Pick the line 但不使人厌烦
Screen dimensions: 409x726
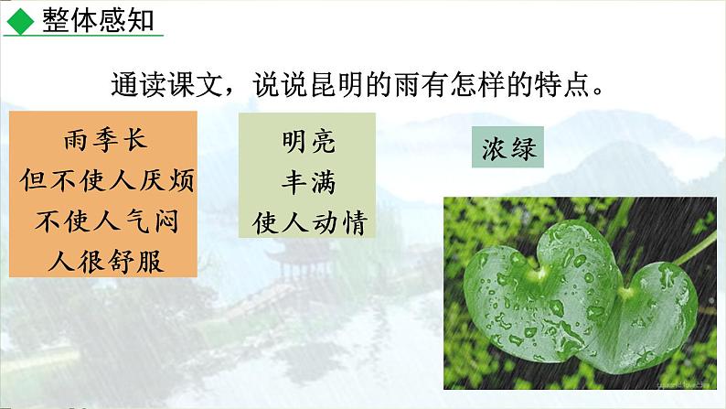(x=106, y=181)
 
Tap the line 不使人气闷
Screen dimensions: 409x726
(x=106, y=221)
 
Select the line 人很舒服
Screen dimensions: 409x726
(x=106, y=260)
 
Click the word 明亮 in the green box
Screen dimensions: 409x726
(x=308, y=142)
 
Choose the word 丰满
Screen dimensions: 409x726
(x=308, y=181)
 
